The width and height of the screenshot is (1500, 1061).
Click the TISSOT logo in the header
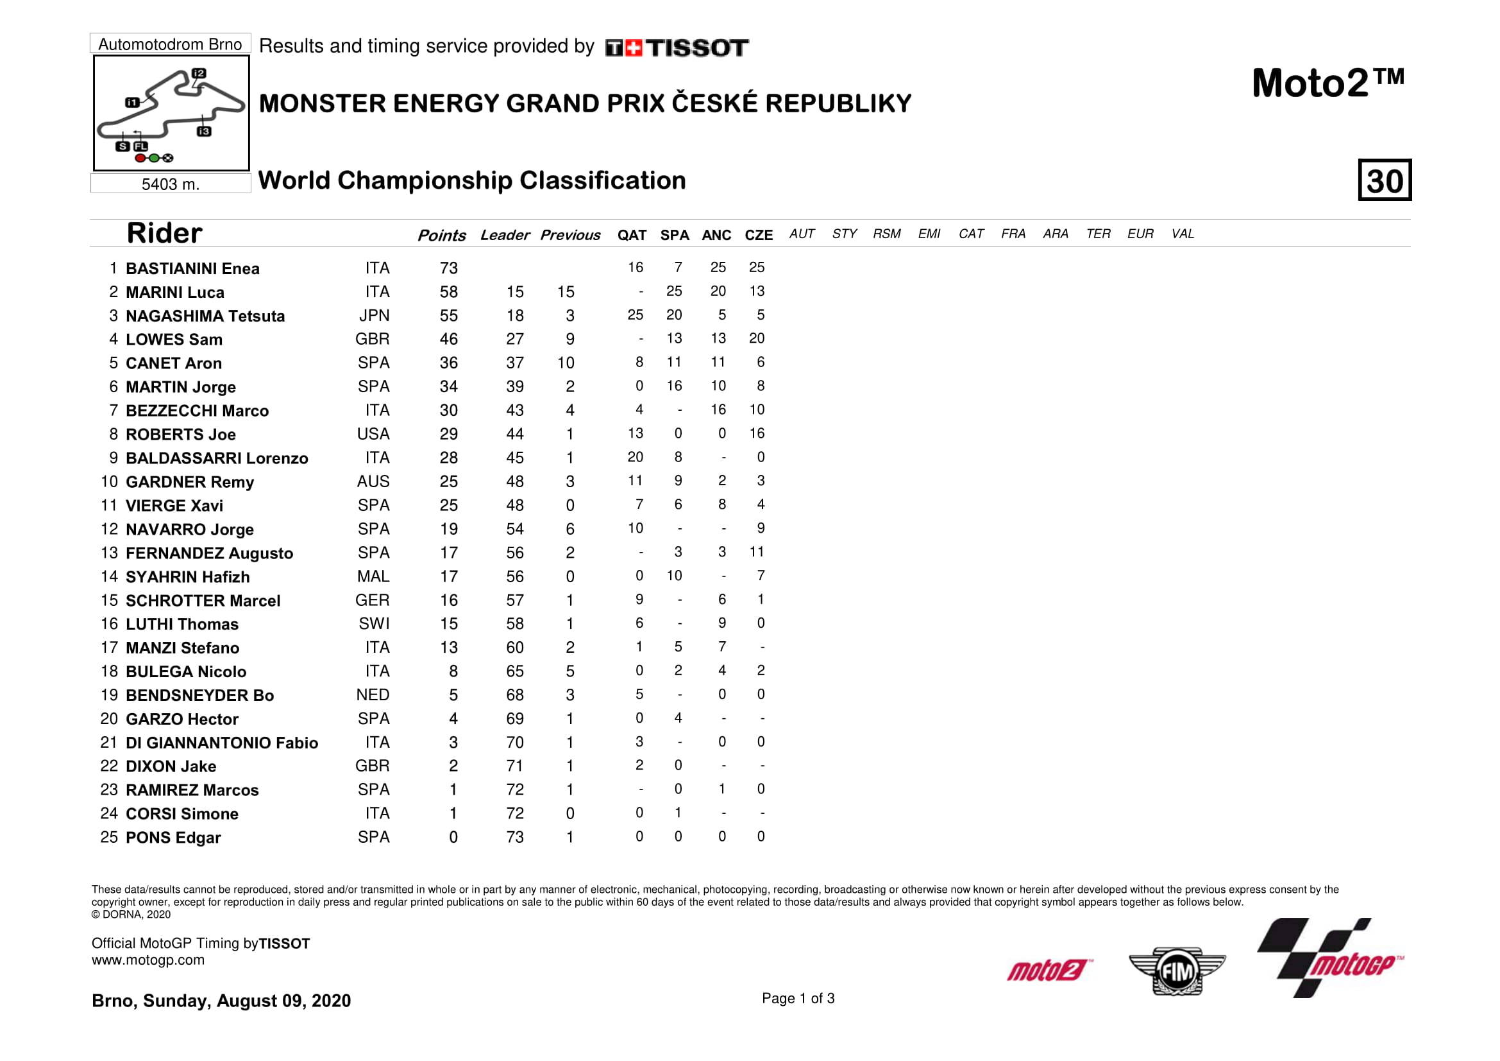677,47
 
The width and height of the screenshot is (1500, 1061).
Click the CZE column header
758,236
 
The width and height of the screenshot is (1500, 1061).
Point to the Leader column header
504,236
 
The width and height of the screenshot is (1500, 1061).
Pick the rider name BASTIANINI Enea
192,269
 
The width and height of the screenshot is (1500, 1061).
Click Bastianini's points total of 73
448,268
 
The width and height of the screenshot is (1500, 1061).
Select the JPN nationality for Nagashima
374,316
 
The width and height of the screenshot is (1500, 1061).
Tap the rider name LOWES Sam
174,340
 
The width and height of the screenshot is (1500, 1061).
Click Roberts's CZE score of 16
757,433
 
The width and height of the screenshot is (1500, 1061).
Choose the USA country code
373,434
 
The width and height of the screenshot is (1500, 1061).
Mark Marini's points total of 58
448,292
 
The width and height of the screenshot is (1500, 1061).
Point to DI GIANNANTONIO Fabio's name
221,743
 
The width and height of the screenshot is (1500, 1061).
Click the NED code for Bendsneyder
373,695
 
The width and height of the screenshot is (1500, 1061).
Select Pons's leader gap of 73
515,838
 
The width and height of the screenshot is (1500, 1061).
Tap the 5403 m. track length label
170,184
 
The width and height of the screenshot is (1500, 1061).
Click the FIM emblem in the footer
1177,971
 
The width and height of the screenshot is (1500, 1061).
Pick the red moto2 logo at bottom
1049,970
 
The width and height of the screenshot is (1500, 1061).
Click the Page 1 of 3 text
798,998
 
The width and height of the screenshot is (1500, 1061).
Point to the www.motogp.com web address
147,960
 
